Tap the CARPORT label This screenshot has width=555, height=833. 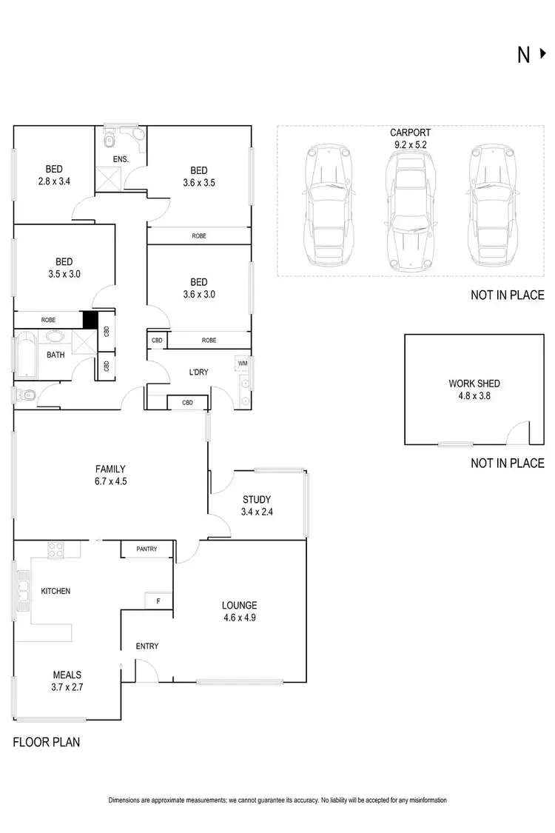[410, 133]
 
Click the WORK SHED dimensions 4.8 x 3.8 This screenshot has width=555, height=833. [474, 395]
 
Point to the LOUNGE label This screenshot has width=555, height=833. [239, 605]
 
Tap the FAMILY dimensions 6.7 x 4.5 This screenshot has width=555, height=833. [110, 481]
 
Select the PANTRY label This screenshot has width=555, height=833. [147, 549]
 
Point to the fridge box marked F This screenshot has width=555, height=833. [158, 601]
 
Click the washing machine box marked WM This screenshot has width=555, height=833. [242, 363]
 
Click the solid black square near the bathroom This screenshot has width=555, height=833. [90, 320]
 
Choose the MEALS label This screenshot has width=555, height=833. [67, 675]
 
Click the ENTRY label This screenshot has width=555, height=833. [147, 646]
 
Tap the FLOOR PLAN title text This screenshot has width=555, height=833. [46, 741]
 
